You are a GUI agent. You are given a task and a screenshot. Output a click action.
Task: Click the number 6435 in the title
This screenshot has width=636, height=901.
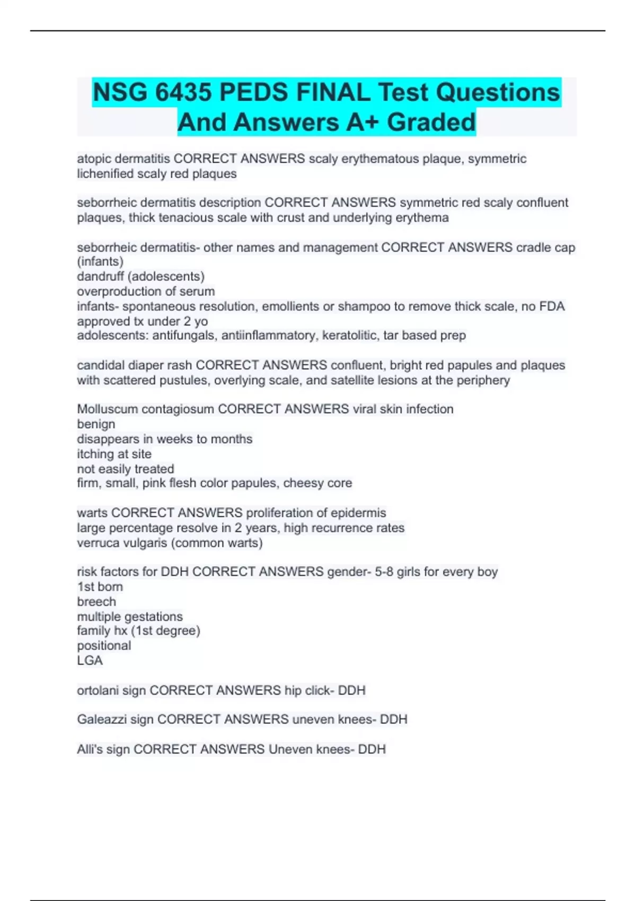[x=182, y=93]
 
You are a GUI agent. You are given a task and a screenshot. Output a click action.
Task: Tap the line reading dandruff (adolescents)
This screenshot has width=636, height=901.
[x=140, y=277]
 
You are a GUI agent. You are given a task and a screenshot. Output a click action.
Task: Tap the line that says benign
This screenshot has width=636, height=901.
[x=96, y=424]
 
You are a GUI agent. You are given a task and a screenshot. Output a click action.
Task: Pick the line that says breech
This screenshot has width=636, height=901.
[x=96, y=602]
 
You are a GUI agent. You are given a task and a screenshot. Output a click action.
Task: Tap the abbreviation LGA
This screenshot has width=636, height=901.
[x=90, y=661]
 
